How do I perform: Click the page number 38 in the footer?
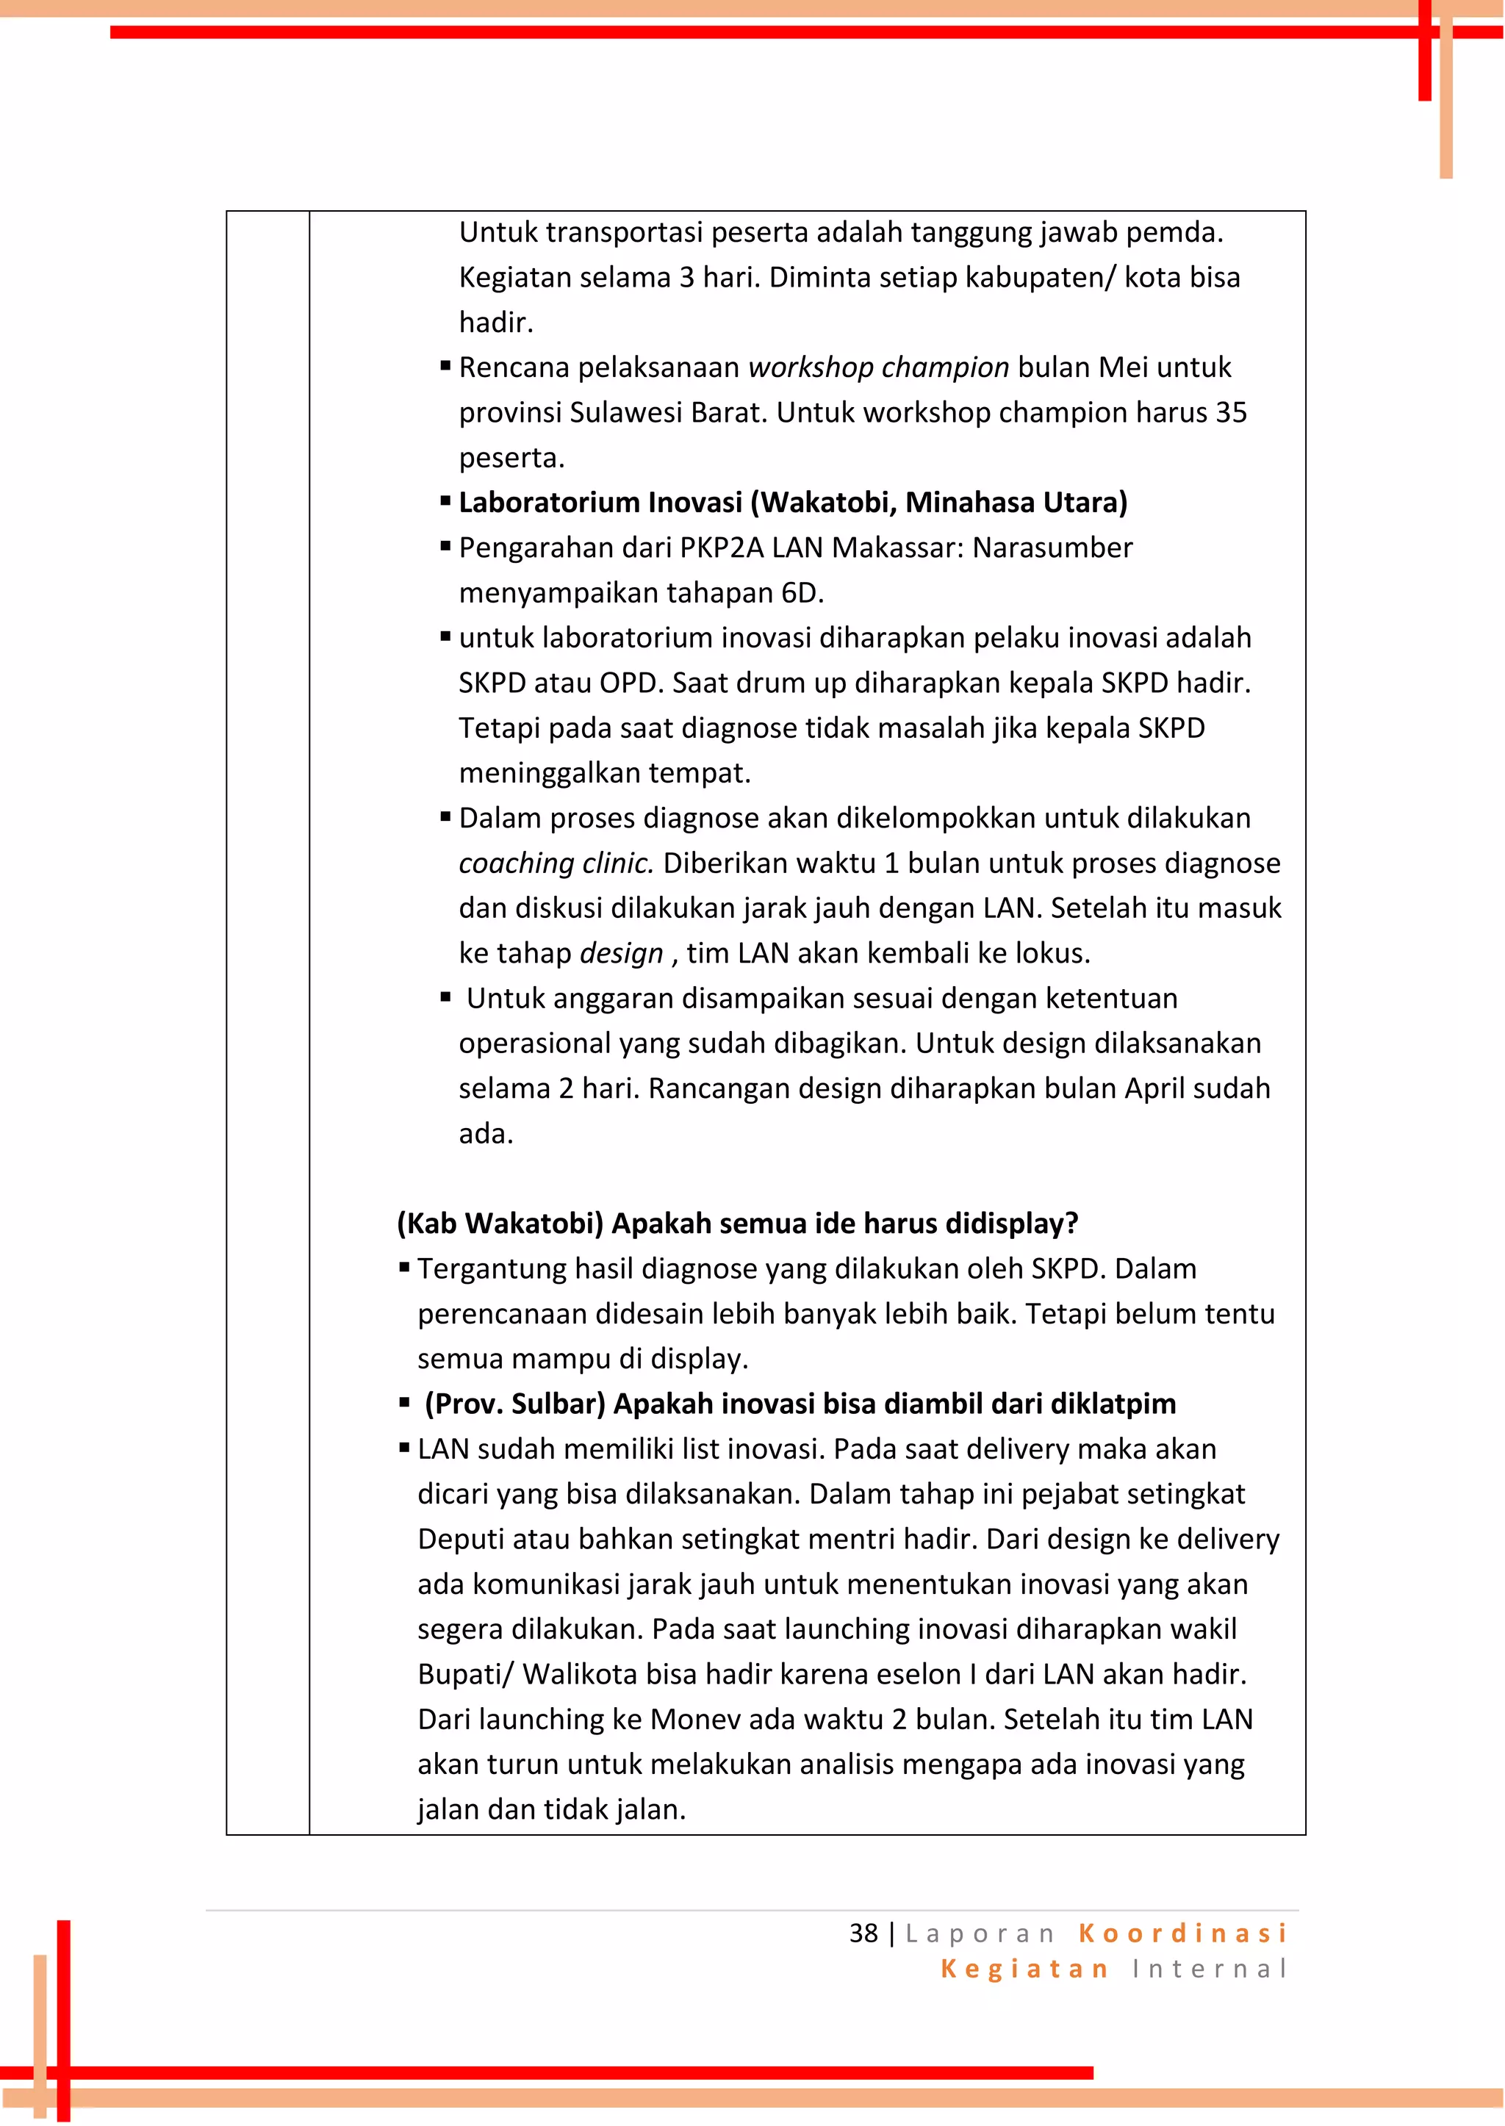coord(863,1933)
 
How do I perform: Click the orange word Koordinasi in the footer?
coord(1182,1933)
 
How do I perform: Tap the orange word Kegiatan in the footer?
coord(1024,1969)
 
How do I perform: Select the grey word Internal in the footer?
coord(1210,1969)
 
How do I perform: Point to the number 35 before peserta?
coord(1231,412)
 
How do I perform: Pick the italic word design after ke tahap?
coord(621,954)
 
